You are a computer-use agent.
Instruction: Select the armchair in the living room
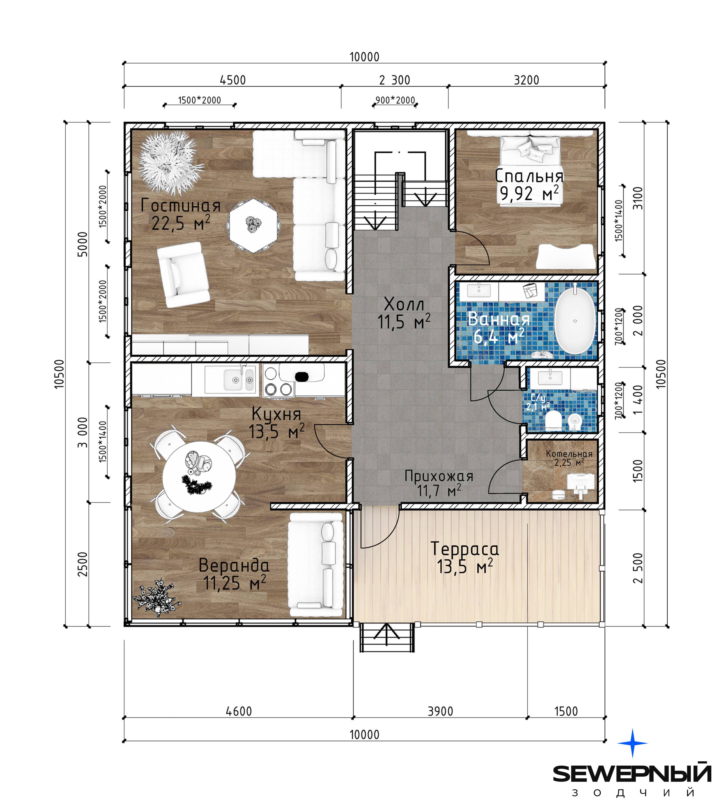tap(183, 275)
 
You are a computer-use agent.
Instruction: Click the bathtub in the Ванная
tap(575, 321)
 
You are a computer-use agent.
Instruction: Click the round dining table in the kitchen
tap(199, 476)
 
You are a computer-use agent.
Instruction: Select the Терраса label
tap(465, 549)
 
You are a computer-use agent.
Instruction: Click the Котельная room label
tap(569, 454)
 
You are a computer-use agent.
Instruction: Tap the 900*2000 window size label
tap(395, 100)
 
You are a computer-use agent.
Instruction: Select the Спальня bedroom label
tap(529, 176)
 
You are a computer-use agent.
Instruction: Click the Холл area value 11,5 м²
tap(403, 322)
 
